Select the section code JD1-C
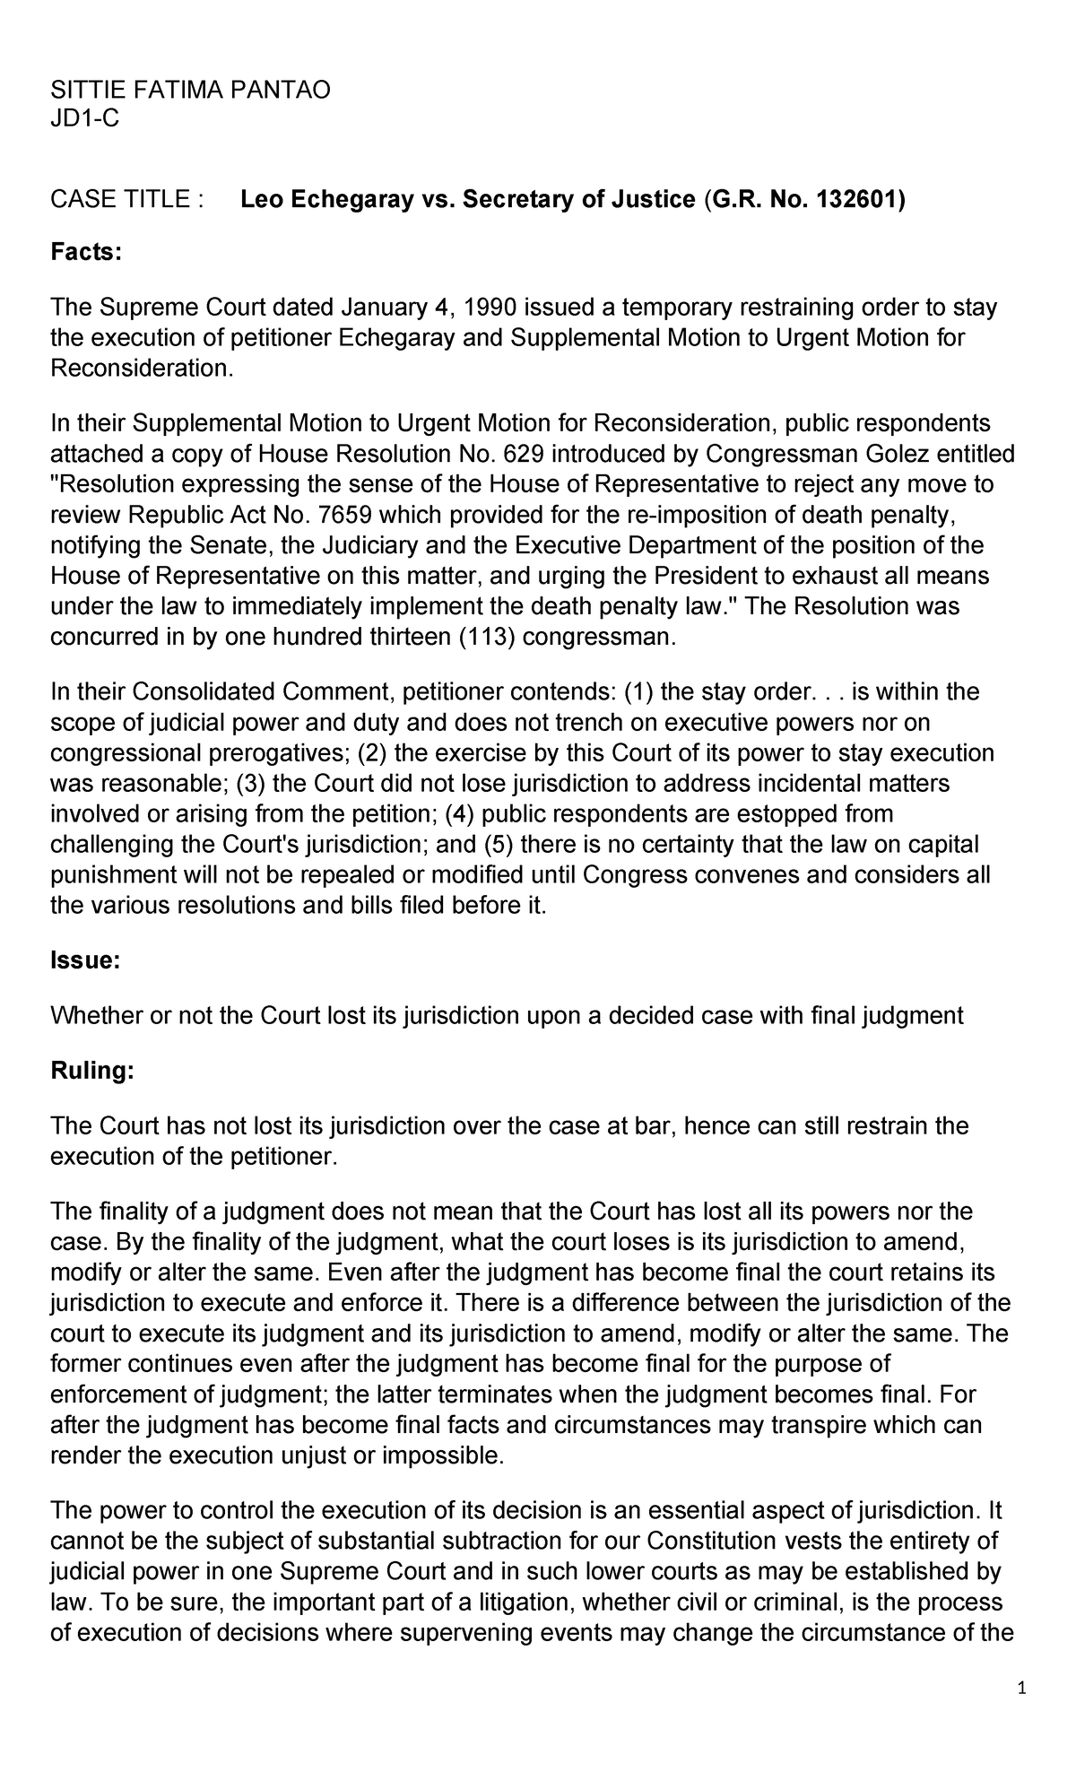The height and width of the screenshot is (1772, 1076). click(84, 119)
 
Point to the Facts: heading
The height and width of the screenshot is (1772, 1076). click(85, 253)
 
